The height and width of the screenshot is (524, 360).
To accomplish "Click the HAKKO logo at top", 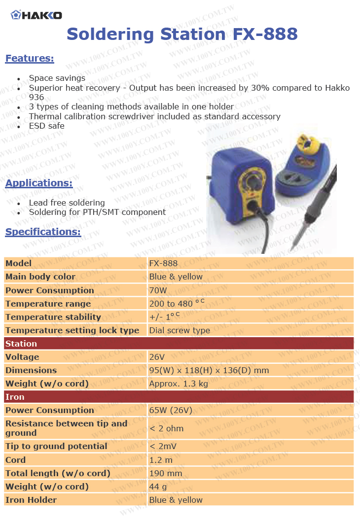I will click(x=36, y=15).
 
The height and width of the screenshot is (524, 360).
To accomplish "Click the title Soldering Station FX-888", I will click(x=182, y=34).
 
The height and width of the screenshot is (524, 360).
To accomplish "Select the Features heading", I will click(x=30, y=59).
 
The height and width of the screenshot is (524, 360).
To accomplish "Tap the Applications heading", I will click(x=39, y=183).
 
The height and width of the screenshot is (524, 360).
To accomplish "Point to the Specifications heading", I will click(x=43, y=232).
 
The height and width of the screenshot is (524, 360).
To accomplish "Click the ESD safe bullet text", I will click(x=47, y=126).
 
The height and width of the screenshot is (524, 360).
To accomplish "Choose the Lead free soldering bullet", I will click(x=67, y=203).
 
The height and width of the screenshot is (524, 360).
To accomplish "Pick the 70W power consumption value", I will click(x=158, y=290).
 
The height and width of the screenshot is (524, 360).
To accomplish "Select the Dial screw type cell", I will click(x=180, y=330).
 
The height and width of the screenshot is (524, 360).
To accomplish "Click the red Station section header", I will click(x=179, y=344).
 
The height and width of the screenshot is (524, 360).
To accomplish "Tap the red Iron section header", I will click(x=179, y=397).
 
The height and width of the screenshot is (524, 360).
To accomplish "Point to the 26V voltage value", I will click(x=156, y=357).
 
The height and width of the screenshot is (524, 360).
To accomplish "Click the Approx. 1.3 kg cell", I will click(x=179, y=384).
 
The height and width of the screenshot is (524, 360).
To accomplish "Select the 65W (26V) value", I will click(x=171, y=410).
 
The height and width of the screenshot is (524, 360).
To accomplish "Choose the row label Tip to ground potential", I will click(x=56, y=446).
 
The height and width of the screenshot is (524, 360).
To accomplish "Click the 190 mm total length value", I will click(x=166, y=473).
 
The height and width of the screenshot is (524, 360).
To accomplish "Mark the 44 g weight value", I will click(x=158, y=487).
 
